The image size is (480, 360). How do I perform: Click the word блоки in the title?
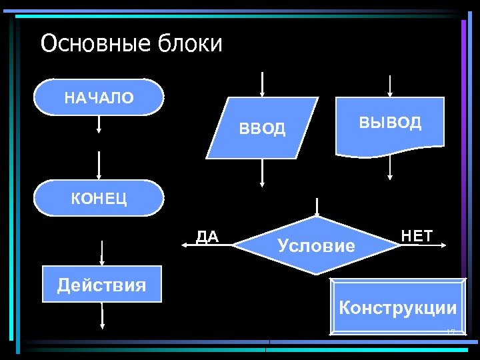[x=190, y=44]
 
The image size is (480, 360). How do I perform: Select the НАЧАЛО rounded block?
[x=99, y=98]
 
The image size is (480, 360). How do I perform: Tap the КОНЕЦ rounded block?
[x=99, y=198]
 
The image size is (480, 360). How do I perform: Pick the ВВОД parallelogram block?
[x=262, y=128]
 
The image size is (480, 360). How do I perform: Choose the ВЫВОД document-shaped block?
[x=390, y=125]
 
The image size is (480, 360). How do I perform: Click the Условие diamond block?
[x=317, y=245]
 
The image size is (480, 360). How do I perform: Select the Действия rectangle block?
[x=101, y=285]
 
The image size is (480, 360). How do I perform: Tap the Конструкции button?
[x=398, y=307]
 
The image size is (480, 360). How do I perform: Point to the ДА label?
[x=207, y=237]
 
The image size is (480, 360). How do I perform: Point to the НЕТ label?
[x=417, y=235]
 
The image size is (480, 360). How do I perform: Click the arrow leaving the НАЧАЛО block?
[x=99, y=125]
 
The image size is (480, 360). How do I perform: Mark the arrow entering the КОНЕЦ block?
[x=99, y=165]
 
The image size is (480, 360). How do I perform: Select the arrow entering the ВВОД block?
[x=263, y=83]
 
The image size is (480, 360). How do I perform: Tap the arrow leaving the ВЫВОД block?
[x=390, y=168]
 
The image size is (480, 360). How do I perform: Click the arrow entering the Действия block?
[x=101, y=253]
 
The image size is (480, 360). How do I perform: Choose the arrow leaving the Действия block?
[x=102, y=315]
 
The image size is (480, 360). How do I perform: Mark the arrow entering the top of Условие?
[x=317, y=206]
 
